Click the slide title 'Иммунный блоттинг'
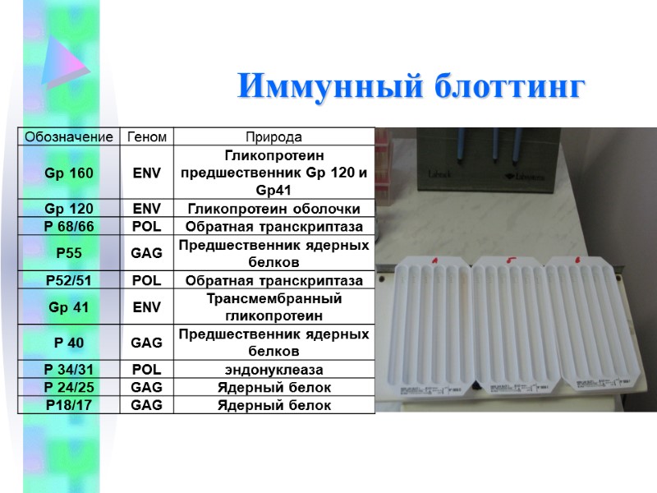coord(411,86)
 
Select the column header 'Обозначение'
coord(69,136)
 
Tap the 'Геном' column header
coord(147,136)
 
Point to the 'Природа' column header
coord(274,136)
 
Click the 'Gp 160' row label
coord(69,173)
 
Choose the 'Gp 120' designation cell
coord(69,209)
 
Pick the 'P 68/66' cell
coord(69,226)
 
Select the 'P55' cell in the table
coord(69,253)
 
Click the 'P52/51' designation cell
coord(69,280)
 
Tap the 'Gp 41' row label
coord(69,307)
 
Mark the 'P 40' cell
coord(69,343)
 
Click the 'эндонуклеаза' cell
coord(274,370)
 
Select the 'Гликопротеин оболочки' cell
coord(274,209)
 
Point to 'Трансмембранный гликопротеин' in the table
coord(274,307)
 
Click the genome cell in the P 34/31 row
coord(147,370)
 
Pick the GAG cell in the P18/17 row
coord(147,405)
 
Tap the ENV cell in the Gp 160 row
coord(147,173)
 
